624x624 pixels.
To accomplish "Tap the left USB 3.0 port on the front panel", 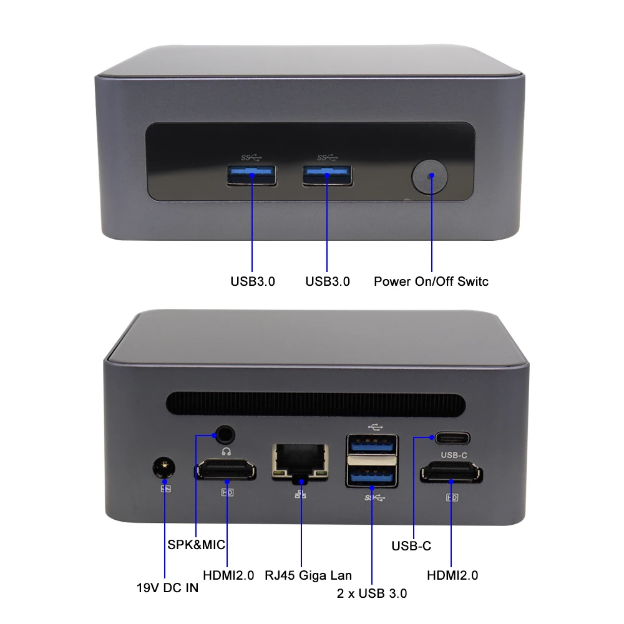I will pos(251,175).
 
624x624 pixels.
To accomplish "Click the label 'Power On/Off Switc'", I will pos(431,281).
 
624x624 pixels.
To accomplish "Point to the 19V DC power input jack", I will pos(165,467).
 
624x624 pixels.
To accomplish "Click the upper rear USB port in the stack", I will pos(372,444).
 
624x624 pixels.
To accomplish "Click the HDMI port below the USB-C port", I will pos(451,474).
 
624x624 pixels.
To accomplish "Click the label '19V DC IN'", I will pos(167,588).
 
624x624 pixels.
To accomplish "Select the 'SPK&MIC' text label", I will pos(196,544).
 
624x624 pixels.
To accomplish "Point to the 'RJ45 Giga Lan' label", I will pos(308,575).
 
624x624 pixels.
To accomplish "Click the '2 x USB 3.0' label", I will pos(372,593).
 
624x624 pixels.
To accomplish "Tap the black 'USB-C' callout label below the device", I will pos(411,546).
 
